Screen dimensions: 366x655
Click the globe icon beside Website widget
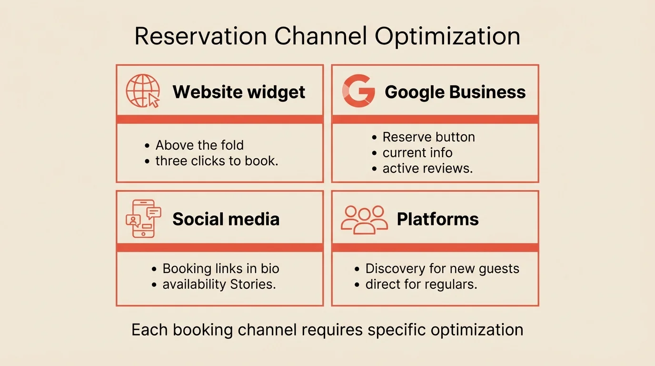142,91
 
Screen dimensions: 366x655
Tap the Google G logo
358,91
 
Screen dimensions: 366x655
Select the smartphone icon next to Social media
143,219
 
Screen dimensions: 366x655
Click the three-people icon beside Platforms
364,219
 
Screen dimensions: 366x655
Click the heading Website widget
239,92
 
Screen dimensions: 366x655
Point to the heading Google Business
455,92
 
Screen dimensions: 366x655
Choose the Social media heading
226,219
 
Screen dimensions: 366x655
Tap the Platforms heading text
437,219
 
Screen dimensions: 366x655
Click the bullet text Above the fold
199,145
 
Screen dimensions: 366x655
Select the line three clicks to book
217,161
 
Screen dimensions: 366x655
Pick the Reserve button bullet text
428,137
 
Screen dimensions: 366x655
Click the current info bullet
417,153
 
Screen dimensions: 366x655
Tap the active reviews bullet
427,169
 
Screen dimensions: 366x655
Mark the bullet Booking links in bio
221,269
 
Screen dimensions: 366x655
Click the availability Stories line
219,285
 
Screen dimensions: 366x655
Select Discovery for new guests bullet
442,269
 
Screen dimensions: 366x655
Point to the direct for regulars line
421,285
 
